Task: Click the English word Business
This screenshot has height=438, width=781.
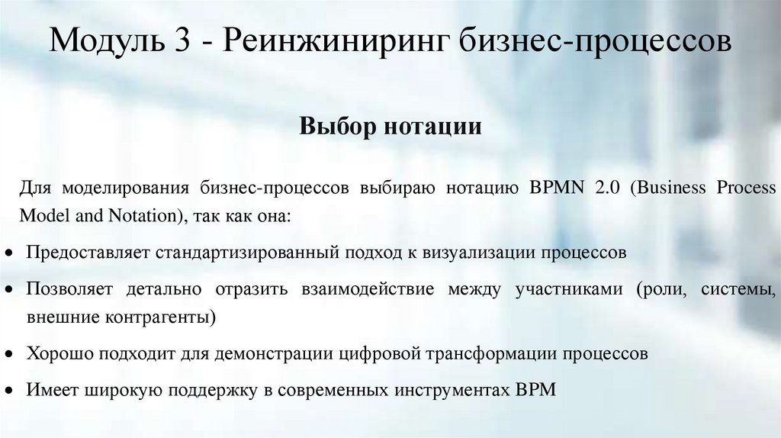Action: (x=666, y=188)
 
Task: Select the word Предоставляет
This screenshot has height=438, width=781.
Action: (x=87, y=252)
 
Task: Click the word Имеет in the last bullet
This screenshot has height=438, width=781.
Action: (x=53, y=389)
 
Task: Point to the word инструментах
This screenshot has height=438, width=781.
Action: (x=452, y=389)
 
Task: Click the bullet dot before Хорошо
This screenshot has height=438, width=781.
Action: (x=8, y=356)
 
